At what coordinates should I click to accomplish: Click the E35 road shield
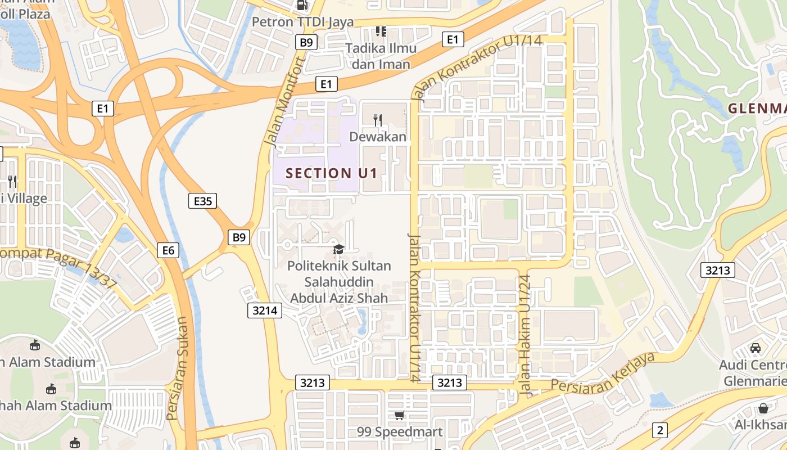click(x=202, y=201)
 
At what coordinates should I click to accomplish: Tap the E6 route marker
click(x=168, y=250)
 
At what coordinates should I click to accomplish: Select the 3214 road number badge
click(x=264, y=310)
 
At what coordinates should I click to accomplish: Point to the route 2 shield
click(x=659, y=430)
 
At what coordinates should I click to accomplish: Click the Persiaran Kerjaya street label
click(x=604, y=373)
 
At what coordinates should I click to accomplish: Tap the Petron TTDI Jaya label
click(x=302, y=22)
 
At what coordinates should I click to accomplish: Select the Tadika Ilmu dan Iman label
click(x=381, y=56)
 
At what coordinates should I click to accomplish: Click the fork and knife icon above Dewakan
click(x=378, y=120)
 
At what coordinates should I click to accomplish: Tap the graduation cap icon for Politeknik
click(x=338, y=249)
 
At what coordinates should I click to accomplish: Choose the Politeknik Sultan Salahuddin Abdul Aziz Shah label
click(x=339, y=281)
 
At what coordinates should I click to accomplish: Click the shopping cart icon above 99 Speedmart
click(x=399, y=416)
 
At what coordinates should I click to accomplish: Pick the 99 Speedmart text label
click(x=400, y=432)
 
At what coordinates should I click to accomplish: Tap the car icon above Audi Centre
click(x=756, y=348)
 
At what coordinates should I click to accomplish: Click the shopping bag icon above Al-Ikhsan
click(x=763, y=408)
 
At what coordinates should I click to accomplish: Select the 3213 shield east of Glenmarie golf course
click(x=718, y=271)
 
